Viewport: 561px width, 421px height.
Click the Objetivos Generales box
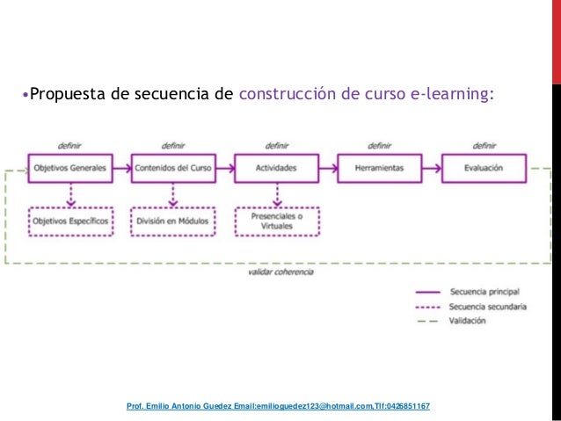pyautogui.click(x=70, y=168)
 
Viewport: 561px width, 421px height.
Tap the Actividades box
pyautogui.click(x=276, y=168)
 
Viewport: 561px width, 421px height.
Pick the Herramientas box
pyautogui.click(x=380, y=168)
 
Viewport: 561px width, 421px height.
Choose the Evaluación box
pyautogui.click(x=484, y=168)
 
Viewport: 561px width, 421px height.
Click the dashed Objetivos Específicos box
pyautogui.click(x=70, y=221)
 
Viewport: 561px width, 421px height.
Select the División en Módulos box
pyautogui.click(x=173, y=221)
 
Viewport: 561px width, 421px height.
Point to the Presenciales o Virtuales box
pyautogui.click(x=276, y=221)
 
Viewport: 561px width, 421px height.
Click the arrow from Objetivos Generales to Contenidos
pyautogui.click(x=121, y=168)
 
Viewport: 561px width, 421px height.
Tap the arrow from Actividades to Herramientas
pyautogui.click(x=328, y=168)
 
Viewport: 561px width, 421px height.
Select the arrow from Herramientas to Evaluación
pyautogui.click(x=432, y=168)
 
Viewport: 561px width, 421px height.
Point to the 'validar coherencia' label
pyautogui.click(x=280, y=272)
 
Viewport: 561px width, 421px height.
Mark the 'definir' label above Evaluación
pyautogui.click(x=484, y=145)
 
